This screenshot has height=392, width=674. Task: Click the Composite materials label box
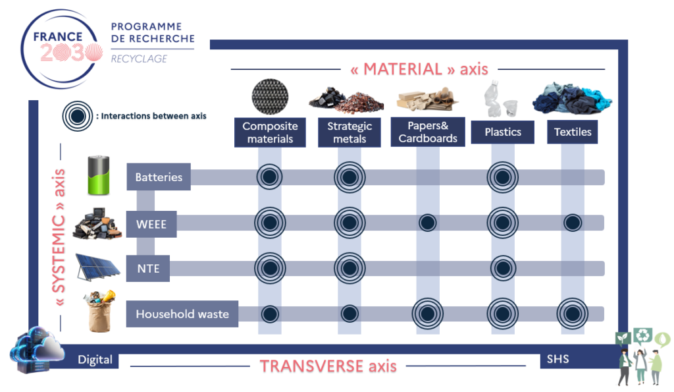(x=270, y=132)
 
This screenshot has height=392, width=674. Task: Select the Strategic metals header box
(x=350, y=132)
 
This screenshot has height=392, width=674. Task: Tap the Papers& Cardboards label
(x=428, y=132)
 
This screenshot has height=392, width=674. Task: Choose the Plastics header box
(x=502, y=132)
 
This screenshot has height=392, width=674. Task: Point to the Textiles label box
(x=572, y=132)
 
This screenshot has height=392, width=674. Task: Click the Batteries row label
(x=159, y=177)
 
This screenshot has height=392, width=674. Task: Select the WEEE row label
(x=151, y=224)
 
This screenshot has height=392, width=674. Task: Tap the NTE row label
(x=148, y=269)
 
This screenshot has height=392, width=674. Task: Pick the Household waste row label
(x=182, y=314)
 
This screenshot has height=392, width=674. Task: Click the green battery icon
(x=99, y=175)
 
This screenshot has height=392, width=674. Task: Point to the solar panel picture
(x=97, y=267)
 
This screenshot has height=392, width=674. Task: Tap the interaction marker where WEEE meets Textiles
(x=573, y=223)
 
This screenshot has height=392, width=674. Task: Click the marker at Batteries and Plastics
(x=502, y=177)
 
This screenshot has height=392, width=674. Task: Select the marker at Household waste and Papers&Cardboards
(x=428, y=314)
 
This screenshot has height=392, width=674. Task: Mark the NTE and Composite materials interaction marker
(x=270, y=269)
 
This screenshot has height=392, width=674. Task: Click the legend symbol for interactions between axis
(x=78, y=116)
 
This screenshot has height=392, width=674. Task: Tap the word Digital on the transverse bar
(x=95, y=359)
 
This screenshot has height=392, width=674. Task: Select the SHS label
(x=557, y=359)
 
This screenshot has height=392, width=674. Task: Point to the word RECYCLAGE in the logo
(x=139, y=59)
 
